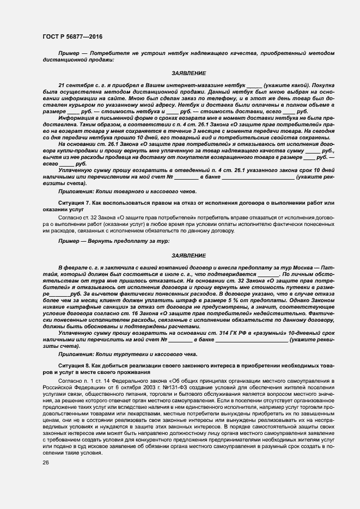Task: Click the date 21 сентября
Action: click(x=76, y=85)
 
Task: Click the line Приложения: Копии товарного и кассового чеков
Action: click(x=123, y=191)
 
